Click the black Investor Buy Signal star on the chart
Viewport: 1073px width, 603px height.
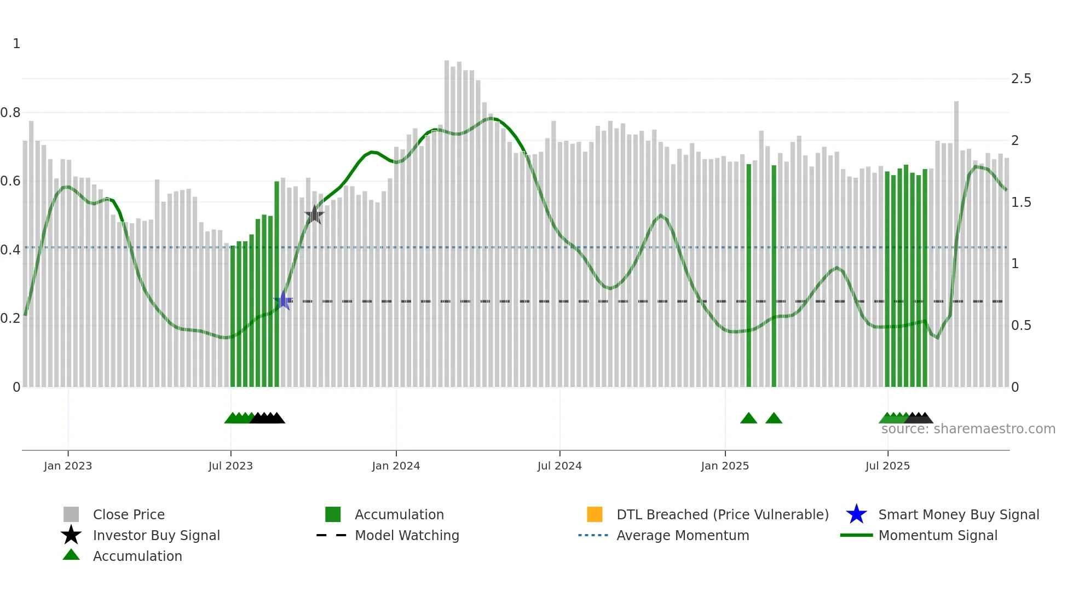[314, 215]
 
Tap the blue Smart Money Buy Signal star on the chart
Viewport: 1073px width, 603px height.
[283, 300]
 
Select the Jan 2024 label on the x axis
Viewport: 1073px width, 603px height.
[396, 466]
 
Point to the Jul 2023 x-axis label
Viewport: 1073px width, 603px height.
[230, 466]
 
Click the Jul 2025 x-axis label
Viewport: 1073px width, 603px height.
[887, 466]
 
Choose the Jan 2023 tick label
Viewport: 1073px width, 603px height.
[68, 466]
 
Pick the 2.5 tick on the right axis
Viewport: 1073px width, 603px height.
[1021, 79]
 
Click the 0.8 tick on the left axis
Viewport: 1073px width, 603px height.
[10, 113]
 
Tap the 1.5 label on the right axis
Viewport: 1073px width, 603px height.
[1021, 202]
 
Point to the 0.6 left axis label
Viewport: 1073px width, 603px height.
[10, 181]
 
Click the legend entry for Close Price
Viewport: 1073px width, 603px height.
[129, 515]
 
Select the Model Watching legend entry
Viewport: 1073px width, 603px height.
[407, 536]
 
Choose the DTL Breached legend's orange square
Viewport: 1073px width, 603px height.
[595, 514]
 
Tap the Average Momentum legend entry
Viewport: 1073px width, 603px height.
[683, 536]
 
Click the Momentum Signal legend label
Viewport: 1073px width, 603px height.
[938, 536]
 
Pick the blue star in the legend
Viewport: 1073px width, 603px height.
[856, 514]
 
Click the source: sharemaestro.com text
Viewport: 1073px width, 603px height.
[968, 429]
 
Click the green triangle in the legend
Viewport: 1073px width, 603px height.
[71, 555]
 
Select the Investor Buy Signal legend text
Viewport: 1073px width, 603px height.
[157, 536]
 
